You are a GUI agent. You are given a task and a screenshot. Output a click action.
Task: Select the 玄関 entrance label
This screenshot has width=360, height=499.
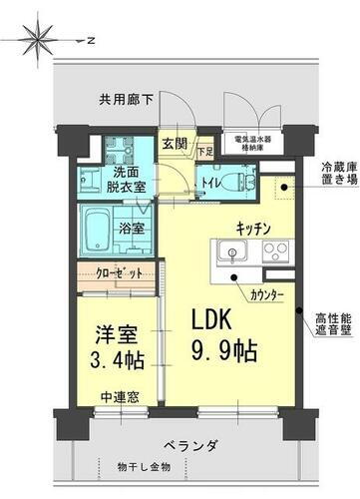click(x=175, y=142)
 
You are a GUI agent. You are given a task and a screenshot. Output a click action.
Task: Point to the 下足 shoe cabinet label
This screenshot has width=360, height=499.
click(x=203, y=152)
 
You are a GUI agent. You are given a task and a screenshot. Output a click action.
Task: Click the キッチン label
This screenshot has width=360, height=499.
click(x=256, y=228)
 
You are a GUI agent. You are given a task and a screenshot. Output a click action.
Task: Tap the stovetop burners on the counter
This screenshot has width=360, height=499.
click(x=274, y=249)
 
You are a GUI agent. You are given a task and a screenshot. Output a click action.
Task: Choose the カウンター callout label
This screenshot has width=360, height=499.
click(x=266, y=296)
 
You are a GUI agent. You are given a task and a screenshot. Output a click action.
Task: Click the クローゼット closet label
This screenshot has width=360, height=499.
click(x=118, y=271)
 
